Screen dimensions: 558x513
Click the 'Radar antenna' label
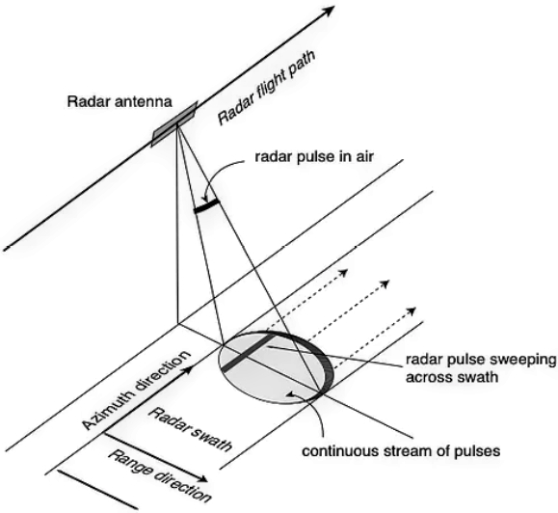(x=120, y=102)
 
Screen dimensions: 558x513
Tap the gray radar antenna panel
(x=174, y=123)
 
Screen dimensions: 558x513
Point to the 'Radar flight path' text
(x=266, y=89)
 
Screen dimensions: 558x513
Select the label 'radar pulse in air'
(x=314, y=156)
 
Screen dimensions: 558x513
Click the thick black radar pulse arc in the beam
(x=206, y=206)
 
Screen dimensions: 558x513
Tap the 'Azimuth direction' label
(x=136, y=391)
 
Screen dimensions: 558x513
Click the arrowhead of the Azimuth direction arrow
(x=189, y=369)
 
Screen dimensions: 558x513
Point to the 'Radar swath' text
(x=190, y=430)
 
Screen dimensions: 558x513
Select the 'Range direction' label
(x=159, y=475)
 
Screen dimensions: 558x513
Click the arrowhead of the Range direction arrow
(x=202, y=479)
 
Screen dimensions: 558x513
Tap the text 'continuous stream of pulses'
(x=402, y=451)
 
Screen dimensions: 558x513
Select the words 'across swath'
(x=452, y=377)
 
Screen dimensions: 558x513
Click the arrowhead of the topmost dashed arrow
(x=343, y=273)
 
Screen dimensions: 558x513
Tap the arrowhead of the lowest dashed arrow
(x=412, y=310)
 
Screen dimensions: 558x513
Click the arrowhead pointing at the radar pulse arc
(x=204, y=199)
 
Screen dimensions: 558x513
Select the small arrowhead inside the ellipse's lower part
(x=291, y=393)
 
